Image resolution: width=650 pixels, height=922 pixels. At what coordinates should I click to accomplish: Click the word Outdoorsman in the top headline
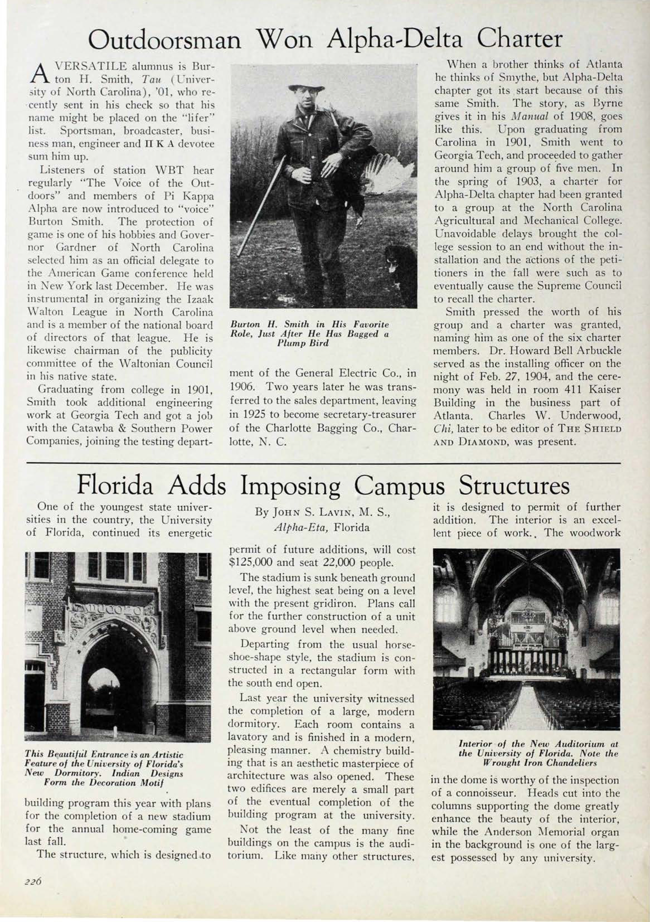165,40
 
